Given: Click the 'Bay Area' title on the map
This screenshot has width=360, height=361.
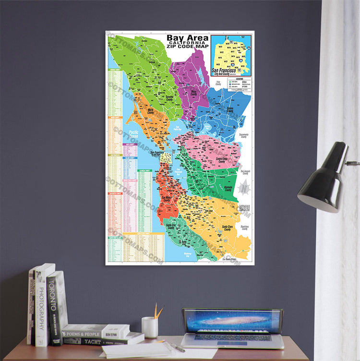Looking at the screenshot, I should click(187, 38).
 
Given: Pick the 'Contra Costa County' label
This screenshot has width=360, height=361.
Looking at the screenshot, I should click(221, 160).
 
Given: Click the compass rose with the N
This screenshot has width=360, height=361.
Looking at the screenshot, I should click(244, 187).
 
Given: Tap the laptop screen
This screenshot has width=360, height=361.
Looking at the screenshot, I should click(233, 322).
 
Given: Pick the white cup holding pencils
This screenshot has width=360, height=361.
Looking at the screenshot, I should click(150, 327).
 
